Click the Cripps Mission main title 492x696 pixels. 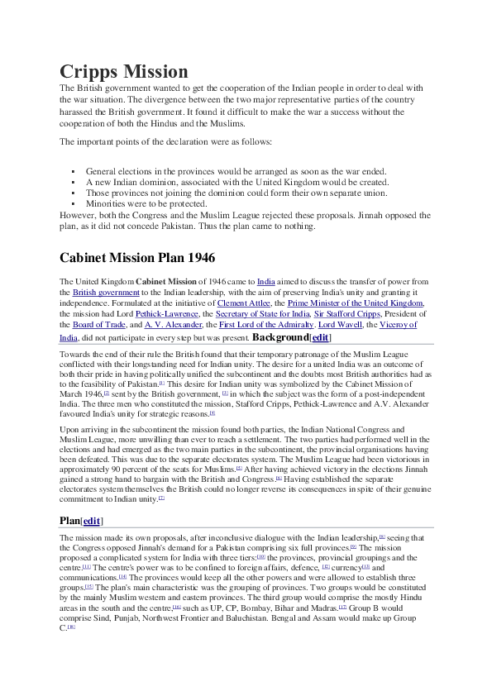click(124, 71)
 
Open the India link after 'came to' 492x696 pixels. click(266, 282)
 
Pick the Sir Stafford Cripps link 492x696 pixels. click(348, 314)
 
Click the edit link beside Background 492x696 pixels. click(320, 337)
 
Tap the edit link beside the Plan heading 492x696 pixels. click(92, 521)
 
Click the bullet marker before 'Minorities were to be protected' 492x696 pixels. click(74, 203)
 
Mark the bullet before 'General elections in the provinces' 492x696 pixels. click(74, 171)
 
